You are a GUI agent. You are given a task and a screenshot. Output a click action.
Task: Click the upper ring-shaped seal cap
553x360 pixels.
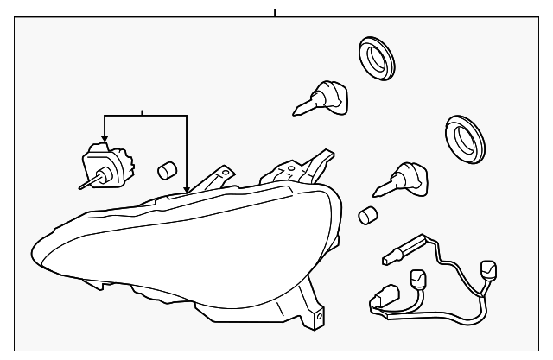coord(377,59)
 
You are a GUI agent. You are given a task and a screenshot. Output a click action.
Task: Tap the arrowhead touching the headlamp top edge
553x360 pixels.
coord(188,187)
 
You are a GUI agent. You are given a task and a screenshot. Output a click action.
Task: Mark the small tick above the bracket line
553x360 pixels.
coord(143,112)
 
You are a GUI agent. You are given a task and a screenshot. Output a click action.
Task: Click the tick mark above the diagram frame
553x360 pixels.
coord(275,12)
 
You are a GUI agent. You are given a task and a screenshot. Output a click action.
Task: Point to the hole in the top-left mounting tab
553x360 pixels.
coord(226,173)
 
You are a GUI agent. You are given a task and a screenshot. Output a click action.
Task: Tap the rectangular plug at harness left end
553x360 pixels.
coord(380,304)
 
